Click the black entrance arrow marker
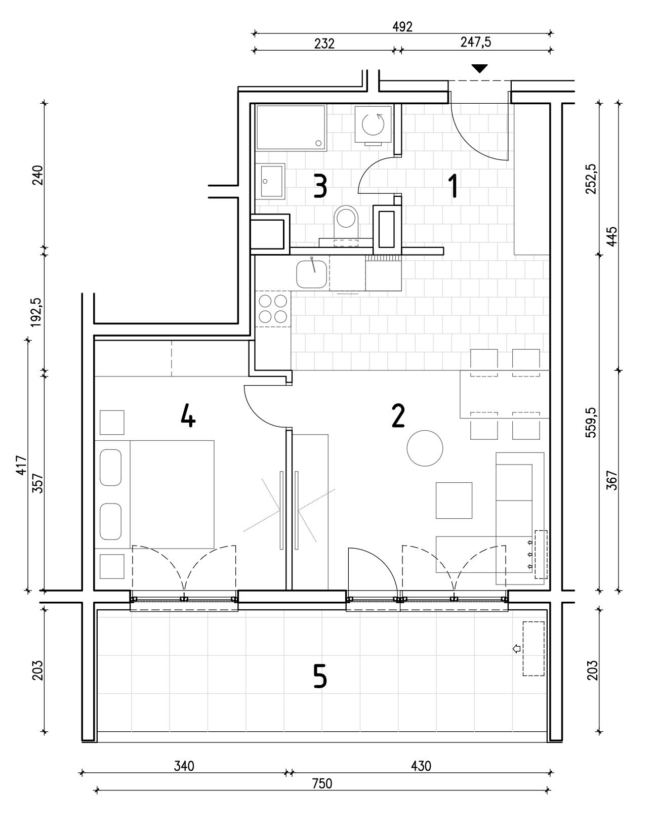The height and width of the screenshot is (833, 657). [x=479, y=68]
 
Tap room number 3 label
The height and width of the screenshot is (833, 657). [x=320, y=186]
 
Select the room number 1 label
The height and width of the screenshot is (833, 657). [x=454, y=186]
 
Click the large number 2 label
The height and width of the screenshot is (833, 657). [x=398, y=415]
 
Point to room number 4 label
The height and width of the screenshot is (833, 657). [x=188, y=415]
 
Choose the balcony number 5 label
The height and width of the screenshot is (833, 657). [x=320, y=676]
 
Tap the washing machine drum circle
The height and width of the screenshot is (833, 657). [x=373, y=124]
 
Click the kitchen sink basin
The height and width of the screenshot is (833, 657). [x=312, y=274]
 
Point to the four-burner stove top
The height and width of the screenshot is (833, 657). [x=273, y=309]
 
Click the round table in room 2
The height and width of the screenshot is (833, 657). [x=425, y=448]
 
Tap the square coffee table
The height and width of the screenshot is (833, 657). [x=454, y=500]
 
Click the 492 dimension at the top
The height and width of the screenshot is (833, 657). [x=402, y=27]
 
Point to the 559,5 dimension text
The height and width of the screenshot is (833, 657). [x=591, y=422]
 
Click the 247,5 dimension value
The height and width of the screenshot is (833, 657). [x=476, y=42]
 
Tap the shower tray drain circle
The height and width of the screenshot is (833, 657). [x=318, y=143]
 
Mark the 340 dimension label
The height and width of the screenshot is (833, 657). [x=184, y=766]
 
